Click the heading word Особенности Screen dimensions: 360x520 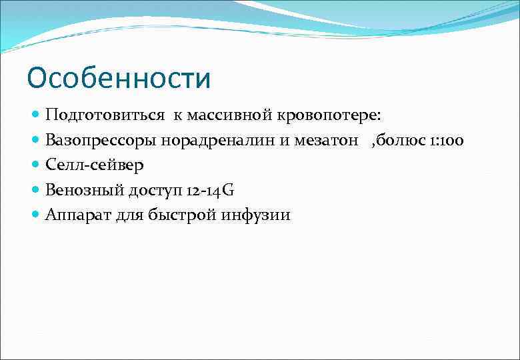pyautogui.click(x=119, y=78)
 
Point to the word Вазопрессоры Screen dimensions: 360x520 pyautogui.click(x=100, y=141)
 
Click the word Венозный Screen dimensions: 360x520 pyautogui.click(x=83, y=190)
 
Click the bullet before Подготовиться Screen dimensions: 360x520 pyautogui.click(x=36, y=115)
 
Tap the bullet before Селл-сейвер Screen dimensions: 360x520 pyautogui.click(x=36, y=165)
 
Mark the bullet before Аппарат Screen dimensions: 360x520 pyautogui.click(x=36, y=215)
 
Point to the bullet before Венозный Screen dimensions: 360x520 pyautogui.click(x=36, y=190)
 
